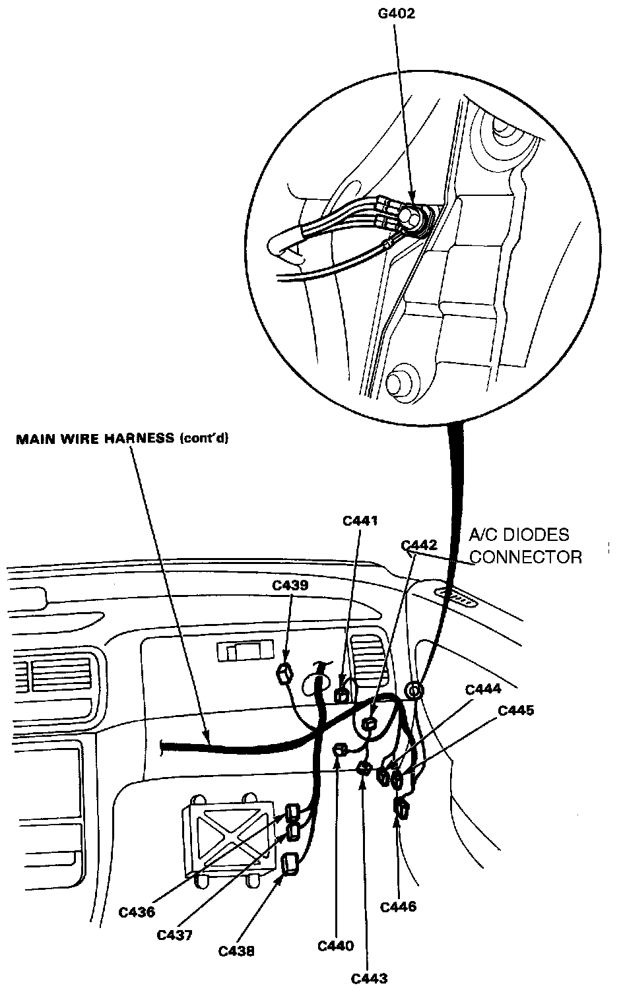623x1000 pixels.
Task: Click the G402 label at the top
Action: pyautogui.click(x=397, y=13)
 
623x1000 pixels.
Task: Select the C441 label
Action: pyautogui.click(x=360, y=521)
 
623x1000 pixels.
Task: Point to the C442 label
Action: pyautogui.click(x=419, y=546)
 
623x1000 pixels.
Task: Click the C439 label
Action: pyautogui.click(x=291, y=585)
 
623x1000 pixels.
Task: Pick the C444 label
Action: pyautogui.click(x=482, y=689)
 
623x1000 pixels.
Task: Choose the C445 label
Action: pyautogui.click(x=515, y=710)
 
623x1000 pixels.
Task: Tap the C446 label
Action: pyautogui.click(x=399, y=907)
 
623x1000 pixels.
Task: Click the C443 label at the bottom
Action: pyautogui.click(x=369, y=978)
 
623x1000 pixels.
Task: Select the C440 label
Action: pyautogui.click(x=336, y=946)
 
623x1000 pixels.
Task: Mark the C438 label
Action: pyautogui.click(x=236, y=951)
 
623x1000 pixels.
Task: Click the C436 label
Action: pyautogui.click(x=137, y=912)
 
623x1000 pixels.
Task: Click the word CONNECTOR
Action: pyautogui.click(x=525, y=557)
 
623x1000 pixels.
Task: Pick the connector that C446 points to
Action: pyautogui.click(x=400, y=805)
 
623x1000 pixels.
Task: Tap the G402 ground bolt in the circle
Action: pyautogui.click(x=412, y=217)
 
